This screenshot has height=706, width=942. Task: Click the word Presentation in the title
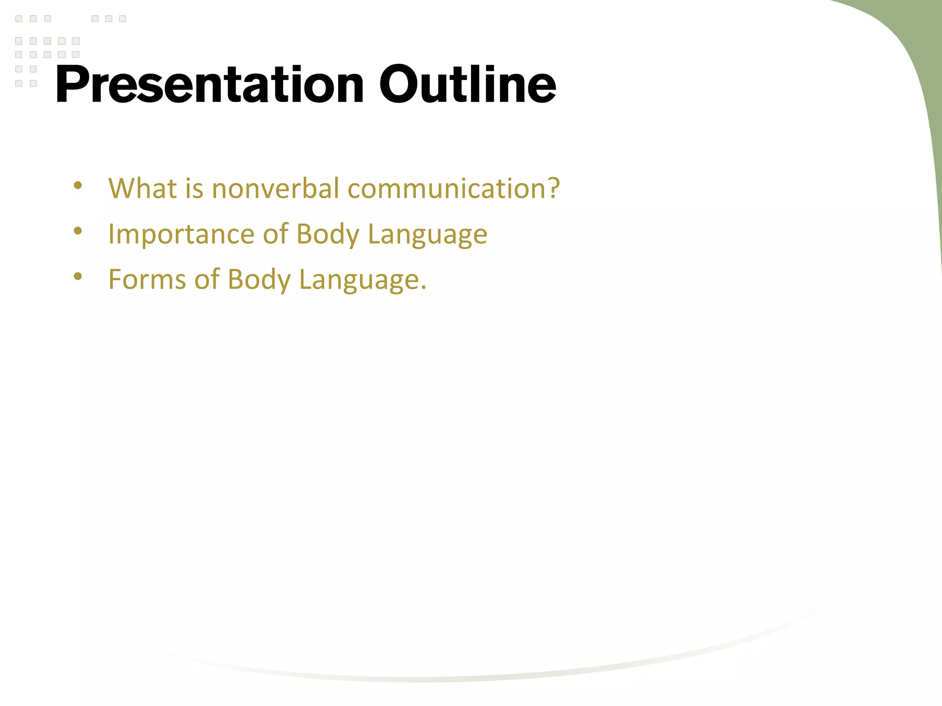point(210,85)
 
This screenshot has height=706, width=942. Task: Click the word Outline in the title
point(467,85)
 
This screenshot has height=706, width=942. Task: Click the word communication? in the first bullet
point(454,188)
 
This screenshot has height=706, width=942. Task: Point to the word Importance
point(181,234)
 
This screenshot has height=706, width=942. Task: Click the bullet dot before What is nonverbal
point(78,186)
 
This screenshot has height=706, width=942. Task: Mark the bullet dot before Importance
point(78,231)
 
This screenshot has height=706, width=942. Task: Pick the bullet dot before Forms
point(78,276)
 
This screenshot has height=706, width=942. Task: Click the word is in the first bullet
point(194,188)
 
